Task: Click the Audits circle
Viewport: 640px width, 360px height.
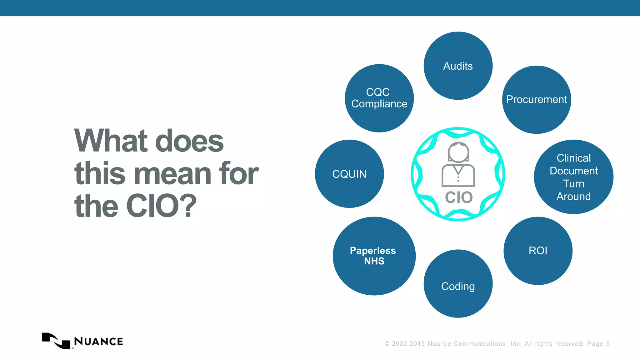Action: click(x=458, y=66)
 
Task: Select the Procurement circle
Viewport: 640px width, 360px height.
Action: click(x=536, y=100)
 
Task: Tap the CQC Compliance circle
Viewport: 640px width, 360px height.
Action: click(x=379, y=98)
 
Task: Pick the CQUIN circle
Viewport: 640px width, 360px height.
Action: click(x=349, y=174)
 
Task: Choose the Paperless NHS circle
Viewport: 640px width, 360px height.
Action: click(x=374, y=256)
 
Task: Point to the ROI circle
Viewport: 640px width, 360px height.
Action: click(x=538, y=251)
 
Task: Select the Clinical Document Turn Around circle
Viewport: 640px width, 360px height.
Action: click(x=573, y=177)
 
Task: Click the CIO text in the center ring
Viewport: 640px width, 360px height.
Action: click(x=458, y=197)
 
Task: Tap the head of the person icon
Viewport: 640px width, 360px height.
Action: click(x=458, y=152)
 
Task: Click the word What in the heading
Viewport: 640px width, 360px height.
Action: click(x=111, y=141)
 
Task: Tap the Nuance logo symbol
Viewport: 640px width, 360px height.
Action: click(x=56, y=341)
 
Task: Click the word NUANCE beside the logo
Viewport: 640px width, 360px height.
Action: click(x=98, y=341)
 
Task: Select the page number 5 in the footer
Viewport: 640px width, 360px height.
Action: click(x=608, y=344)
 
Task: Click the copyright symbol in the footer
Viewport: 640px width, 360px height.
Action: click(x=387, y=344)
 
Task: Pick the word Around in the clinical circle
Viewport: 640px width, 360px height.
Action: click(x=573, y=197)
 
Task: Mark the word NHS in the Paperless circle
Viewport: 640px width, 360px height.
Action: click(x=374, y=261)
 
